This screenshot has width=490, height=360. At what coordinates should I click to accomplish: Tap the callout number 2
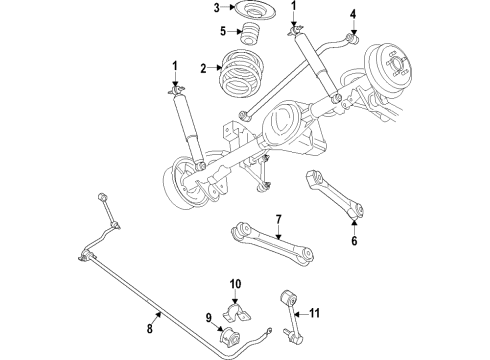(x=205, y=70)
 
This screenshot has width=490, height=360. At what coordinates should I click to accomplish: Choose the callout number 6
(x=353, y=240)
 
